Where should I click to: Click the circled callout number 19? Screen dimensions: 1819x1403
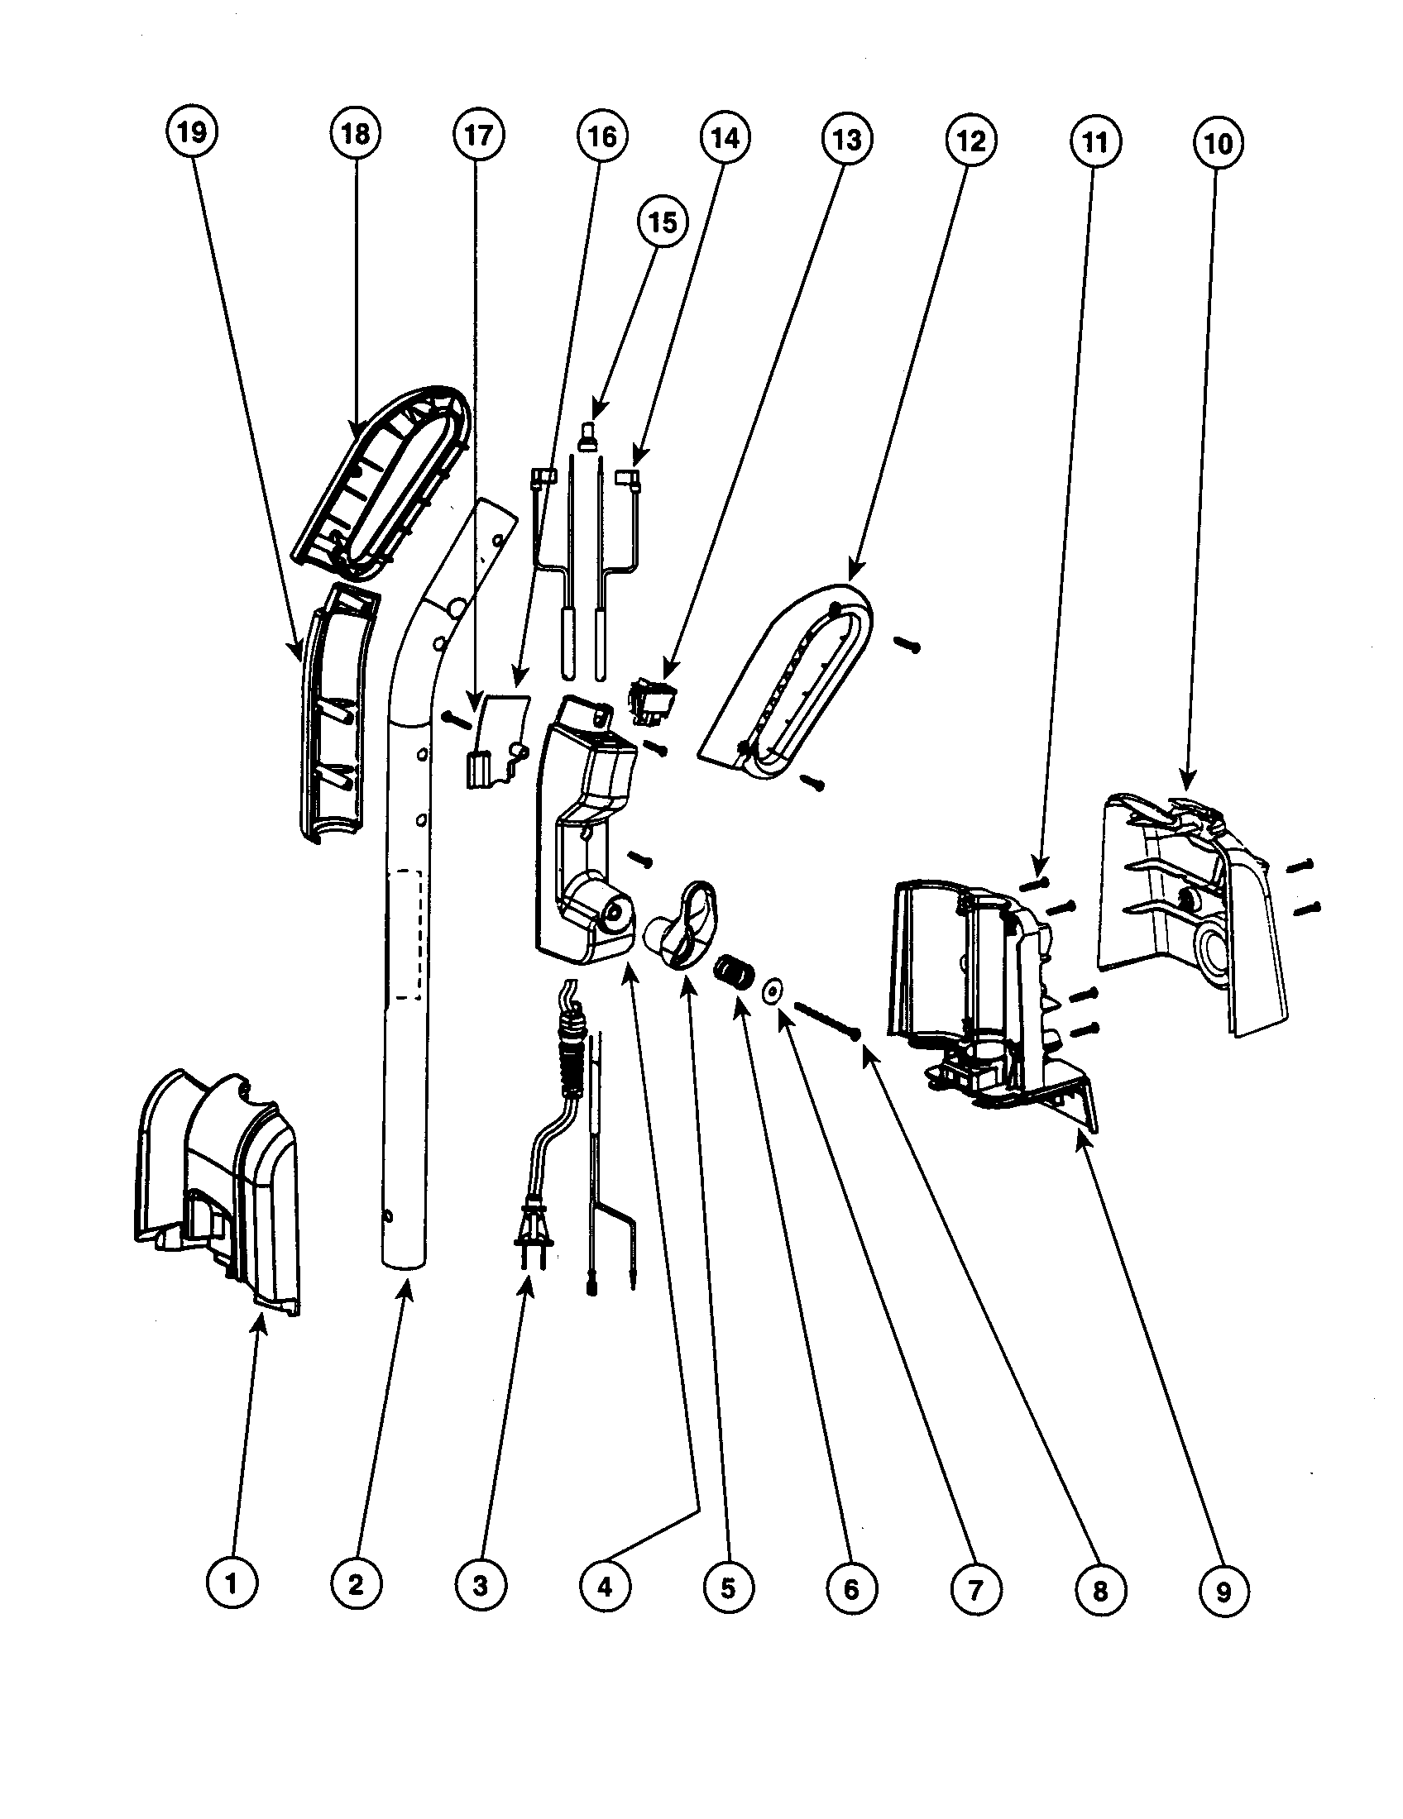point(192,131)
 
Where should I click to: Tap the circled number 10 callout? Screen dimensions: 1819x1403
point(1217,143)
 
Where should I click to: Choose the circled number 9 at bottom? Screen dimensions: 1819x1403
point(1222,1592)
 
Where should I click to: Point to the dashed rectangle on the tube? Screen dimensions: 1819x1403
point(406,933)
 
